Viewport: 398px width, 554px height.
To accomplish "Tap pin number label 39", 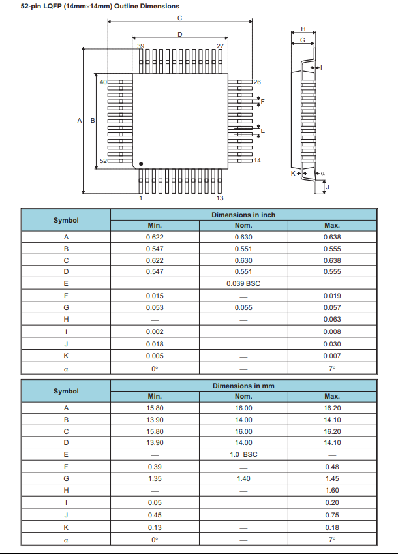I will (x=140, y=46).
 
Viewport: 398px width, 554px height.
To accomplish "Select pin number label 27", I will (x=220, y=46).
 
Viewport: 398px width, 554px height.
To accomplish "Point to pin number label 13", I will (x=220, y=198).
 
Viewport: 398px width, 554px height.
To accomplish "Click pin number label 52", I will (x=103, y=161).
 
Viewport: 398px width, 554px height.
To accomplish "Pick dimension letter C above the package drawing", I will (x=179, y=18).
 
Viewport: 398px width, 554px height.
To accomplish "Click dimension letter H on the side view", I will (x=303, y=29).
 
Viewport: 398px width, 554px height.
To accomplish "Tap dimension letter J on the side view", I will (x=328, y=187).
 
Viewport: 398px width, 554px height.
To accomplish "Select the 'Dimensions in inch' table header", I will (x=243, y=215).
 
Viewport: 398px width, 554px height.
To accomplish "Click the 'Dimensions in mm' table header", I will (x=243, y=386).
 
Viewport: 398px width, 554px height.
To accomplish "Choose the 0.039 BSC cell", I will (x=243, y=284).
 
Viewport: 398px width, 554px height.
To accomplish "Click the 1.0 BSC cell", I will (x=243, y=454).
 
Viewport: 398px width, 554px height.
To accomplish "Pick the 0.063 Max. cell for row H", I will (x=332, y=320).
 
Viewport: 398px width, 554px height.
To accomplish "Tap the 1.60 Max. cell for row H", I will (x=332, y=490).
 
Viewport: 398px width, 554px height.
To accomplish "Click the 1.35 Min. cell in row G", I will (x=155, y=478).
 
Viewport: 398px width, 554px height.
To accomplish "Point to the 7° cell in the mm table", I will (x=332, y=540).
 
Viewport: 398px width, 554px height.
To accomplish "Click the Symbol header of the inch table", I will (x=66, y=220).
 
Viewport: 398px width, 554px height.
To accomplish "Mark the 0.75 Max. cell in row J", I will (x=332, y=515).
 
